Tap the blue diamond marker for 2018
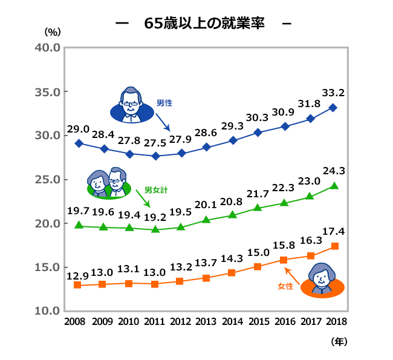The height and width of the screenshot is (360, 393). click(334, 108)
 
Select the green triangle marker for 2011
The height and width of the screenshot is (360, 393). click(155, 229)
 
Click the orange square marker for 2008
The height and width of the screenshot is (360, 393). click(77, 284)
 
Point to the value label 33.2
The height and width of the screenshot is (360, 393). click(333, 93)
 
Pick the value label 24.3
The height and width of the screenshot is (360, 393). click(333, 171)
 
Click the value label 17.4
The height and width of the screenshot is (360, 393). click(333, 232)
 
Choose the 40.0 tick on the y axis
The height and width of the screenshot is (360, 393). click(48, 48)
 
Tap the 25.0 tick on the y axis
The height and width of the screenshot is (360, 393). click(48, 179)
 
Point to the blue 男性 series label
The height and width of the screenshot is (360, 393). click(164, 103)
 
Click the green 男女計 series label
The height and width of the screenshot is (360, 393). click(156, 189)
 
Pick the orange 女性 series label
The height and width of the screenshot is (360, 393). click(285, 285)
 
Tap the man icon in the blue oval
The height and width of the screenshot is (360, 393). click(131, 104)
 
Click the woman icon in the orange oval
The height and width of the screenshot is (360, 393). click(322, 280)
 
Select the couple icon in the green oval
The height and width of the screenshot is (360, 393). click(109, 183)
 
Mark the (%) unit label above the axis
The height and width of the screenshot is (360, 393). click(53, 31)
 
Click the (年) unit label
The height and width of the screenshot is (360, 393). click(339, 341)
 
